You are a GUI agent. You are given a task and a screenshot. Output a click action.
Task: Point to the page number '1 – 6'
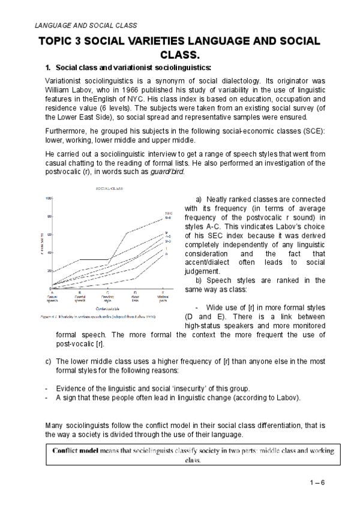click(x=314, y=483)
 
